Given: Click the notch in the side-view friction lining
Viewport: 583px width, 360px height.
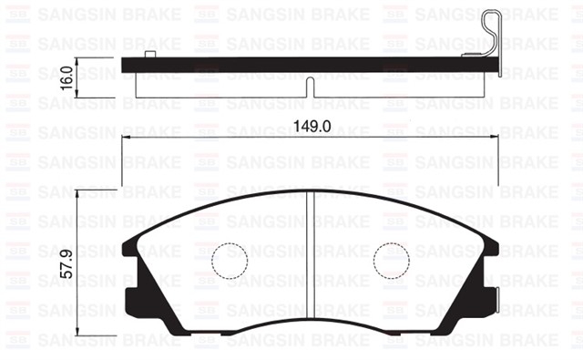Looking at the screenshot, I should tap(311, 87).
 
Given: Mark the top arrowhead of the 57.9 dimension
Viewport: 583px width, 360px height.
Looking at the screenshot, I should tap(78, 194).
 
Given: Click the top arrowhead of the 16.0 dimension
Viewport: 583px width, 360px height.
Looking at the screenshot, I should tap(78, 61).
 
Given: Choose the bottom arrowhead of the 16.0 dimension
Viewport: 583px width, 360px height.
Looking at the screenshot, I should tap(78, 98).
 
